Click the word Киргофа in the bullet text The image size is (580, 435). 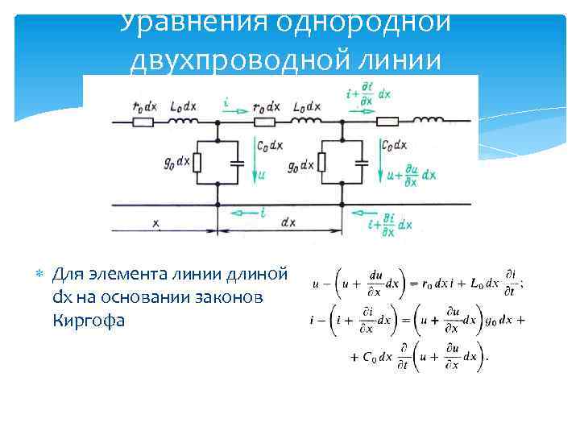coord(89,320)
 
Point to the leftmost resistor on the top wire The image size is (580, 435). coord(143,122)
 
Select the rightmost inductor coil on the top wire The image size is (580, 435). coord(429,122)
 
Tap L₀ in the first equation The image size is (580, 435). coord(478,284)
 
